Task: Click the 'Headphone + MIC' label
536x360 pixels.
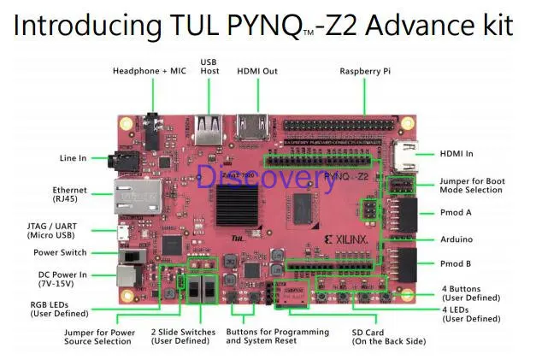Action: point(150,70)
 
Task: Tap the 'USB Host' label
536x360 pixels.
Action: point(210,66)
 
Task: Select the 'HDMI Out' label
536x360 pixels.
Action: point(257,70)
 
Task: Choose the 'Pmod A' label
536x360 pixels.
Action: point(457,212)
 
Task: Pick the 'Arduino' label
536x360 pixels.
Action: point(457,239)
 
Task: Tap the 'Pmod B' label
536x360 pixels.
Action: point(457,264)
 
